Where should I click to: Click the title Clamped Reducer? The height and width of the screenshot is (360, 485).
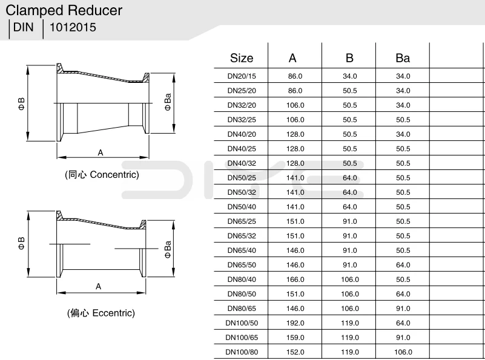pyautogui.click(x=64, y=10)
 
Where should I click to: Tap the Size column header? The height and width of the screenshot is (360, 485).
pyautogui.click(x=242, y=58)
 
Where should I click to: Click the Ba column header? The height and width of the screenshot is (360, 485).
pyautogui.click(x=403, y=58)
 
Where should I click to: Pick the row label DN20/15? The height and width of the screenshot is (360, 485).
pyautogui.click(x=242, y=76)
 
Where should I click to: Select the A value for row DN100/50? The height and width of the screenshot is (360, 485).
pyautogui.click(x=295, y=323)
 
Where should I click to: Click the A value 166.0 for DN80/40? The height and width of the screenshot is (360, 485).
pyautogui.click(x=295, y=280)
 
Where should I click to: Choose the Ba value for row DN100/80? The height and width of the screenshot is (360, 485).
pyautogui.click(x=403, y=352)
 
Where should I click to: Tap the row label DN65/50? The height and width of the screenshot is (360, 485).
pyautogui.click(x=242, y=265)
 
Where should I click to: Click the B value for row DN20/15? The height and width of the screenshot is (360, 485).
pyautogui.click(x=349, y=76)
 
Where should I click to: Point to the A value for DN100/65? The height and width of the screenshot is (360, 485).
pyautogui.click(x=295, y=338)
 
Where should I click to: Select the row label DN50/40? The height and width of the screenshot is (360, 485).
pyautogui.click(x=242, y=207)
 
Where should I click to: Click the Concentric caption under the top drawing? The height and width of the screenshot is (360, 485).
pyautogui.click(x=102, y=175)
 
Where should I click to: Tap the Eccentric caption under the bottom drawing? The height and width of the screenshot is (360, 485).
pyautogui.click(x=101, y=313)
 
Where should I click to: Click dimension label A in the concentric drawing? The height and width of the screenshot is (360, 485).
pyautogui.click(x=101, y=152)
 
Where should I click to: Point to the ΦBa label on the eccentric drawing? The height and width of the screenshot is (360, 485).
pyautogui.click(x=168, y=249)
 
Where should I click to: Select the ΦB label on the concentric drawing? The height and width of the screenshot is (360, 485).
pyautogui.click(x=21, y=104)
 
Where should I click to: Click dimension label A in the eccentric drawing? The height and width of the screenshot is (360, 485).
pyautogui.click(x=98, y=286)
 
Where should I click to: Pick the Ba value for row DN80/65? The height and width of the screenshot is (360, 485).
pyautogui.click(x=403, y=309)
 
